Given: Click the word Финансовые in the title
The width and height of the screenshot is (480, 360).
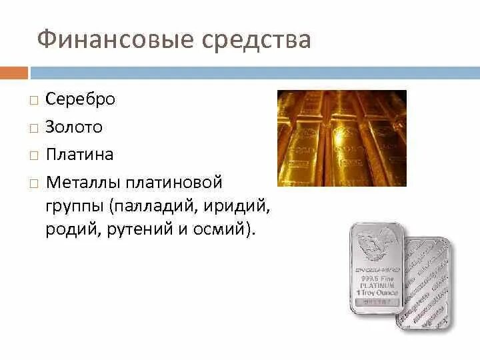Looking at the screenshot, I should [113, 40].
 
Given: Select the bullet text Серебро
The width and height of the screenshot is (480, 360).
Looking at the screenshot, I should [81, 99].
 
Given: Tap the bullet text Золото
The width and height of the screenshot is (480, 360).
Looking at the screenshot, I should [74, 127].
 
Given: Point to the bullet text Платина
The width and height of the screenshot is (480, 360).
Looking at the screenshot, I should [80, 155].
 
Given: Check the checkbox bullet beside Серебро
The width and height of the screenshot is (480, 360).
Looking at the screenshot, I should [33, 100].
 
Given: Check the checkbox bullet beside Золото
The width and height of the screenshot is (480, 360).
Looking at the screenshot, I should [33, 127].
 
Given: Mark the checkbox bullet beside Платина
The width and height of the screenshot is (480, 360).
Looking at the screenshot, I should [33, 155].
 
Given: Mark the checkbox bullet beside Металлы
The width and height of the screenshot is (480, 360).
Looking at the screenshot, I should [33, 183].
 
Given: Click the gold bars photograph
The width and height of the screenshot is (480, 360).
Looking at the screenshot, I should [341, 139].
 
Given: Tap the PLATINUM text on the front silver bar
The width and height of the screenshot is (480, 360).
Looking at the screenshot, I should [377, 284].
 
